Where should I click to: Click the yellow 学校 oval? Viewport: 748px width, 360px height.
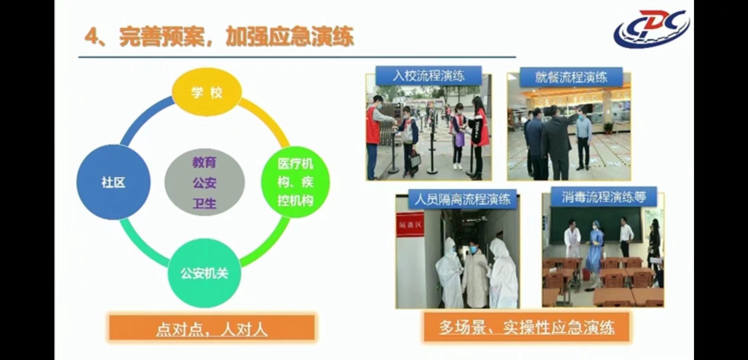[206, 92]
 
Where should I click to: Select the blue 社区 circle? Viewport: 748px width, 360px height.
[113, 182]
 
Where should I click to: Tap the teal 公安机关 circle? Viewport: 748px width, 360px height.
[204, 273]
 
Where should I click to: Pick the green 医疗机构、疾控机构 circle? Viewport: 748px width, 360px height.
[295, 182]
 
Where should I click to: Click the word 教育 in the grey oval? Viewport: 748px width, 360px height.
[204, 162]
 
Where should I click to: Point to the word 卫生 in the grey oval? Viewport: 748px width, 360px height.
[204, 203]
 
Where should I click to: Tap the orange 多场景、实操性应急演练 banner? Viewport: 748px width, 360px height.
[526, 327]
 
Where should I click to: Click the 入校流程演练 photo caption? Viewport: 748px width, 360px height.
[428, 76]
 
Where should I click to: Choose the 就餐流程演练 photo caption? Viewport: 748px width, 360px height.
[571, 77]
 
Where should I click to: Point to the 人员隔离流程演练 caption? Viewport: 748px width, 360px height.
[462, 199]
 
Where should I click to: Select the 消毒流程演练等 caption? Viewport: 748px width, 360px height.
[604, 197]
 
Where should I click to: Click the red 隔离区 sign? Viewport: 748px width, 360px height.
[410, 225]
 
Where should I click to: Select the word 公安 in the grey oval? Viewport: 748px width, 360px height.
[204, 183]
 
